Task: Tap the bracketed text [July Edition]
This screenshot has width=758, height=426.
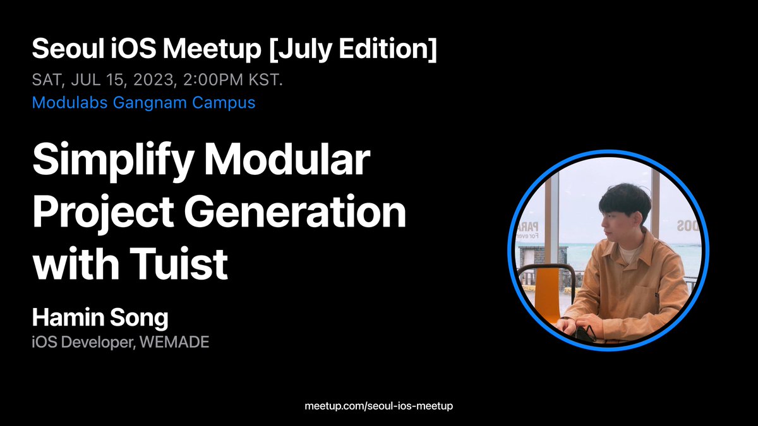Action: (x=352, y=49)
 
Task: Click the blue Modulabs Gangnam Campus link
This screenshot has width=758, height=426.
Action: (x=143, y=102)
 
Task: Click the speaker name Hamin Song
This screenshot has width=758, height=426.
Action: (x=100, y=318)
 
